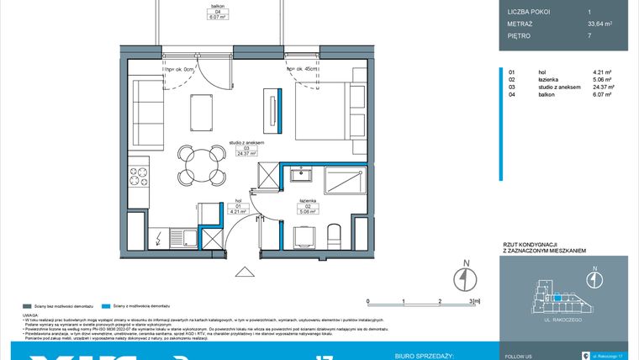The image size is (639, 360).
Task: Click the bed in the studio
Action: click(329, 118)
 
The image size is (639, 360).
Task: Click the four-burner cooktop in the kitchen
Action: click(137, 179)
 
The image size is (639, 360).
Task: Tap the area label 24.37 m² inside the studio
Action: click(246, 154)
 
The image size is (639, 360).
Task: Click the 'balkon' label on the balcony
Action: click(219, 7)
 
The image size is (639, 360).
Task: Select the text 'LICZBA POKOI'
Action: click(530, 10)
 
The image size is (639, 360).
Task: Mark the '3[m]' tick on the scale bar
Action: click(475, 300)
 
